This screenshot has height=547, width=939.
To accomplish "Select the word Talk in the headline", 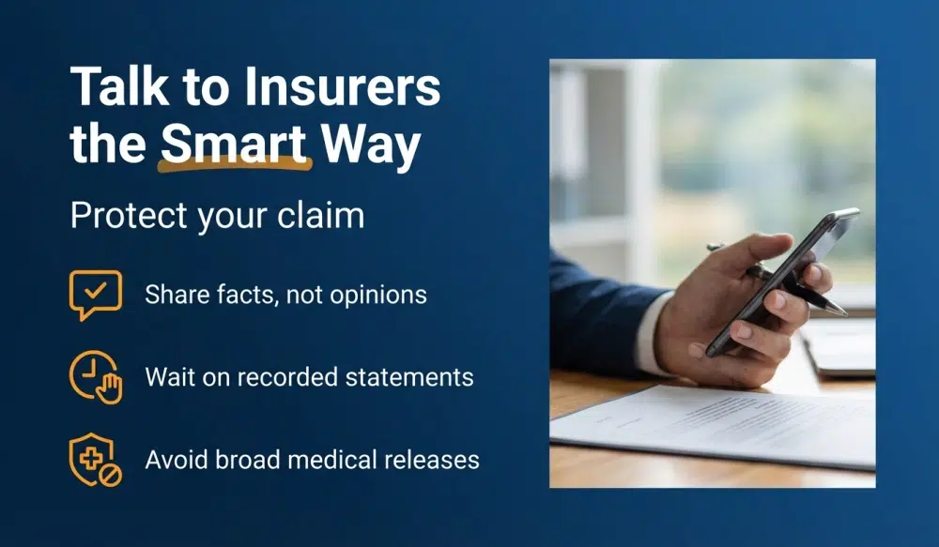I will pyautogui.click(x=111, y=89).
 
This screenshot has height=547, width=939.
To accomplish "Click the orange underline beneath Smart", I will pyautogui.click(x=234, y=167).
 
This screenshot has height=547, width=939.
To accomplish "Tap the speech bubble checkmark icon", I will pyautogui.click(x=95, y=294).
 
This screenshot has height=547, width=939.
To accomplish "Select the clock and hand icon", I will pyautogui.click(x=95, y=377).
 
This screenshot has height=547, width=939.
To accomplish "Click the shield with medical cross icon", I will pyautogui.click(x=95, y=460).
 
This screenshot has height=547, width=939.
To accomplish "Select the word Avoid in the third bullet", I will pyautogui.click(x=172, y=461).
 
